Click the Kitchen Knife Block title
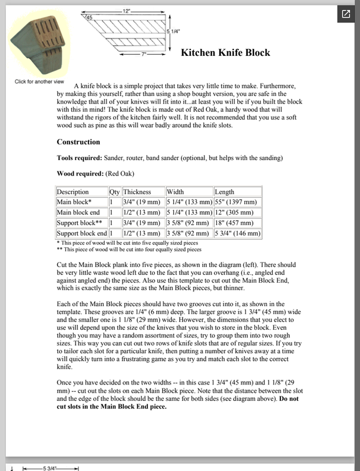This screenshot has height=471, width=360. click(226, 53)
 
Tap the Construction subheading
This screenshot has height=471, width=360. click(78, 142)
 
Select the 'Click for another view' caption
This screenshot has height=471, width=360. click(39, 81)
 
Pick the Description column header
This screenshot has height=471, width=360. click(73, 192)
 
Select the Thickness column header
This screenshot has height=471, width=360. click(137, 192)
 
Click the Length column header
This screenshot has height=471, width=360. click(224, 192)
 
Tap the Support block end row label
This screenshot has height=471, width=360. click(82, 234)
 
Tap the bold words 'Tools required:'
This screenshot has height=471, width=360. click(79, 158)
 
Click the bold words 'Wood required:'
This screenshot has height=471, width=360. click(80, 174)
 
